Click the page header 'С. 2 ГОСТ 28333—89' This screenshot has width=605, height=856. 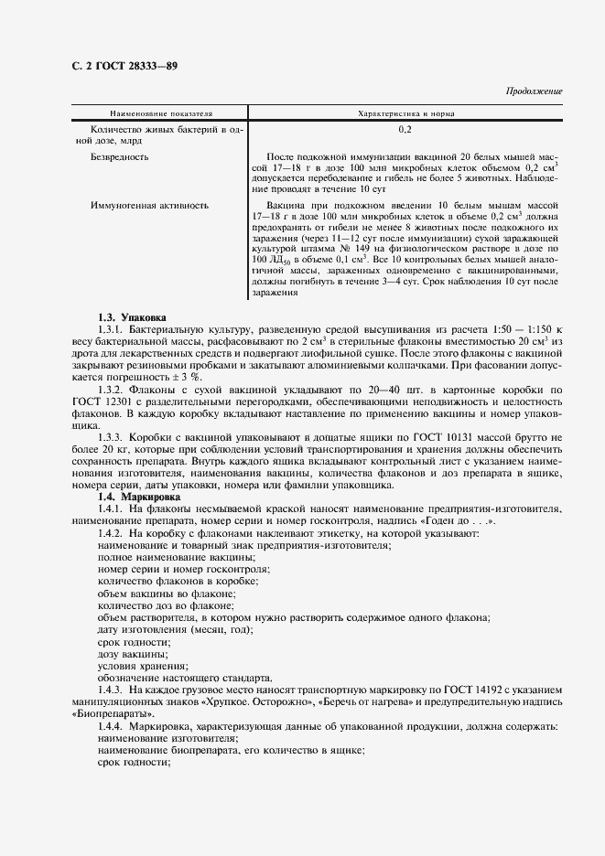(x=124, y=66)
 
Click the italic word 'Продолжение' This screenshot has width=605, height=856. (x=535, y=92)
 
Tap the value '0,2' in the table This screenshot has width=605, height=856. (x=405, y=131)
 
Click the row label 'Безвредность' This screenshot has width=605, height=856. (x=119, y=157)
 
